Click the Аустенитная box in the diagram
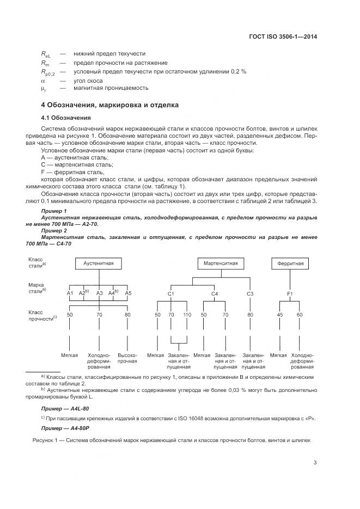[99, 263]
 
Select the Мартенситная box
[221, 263]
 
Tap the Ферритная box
[290, 263]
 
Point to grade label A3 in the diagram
[99, 293]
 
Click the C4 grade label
[215, 294]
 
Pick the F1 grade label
[290, 294]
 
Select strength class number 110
[187, 315]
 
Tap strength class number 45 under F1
[279, 315]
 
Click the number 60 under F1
[300, 315]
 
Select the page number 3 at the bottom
[315, 463]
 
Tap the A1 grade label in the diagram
[70, 293]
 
